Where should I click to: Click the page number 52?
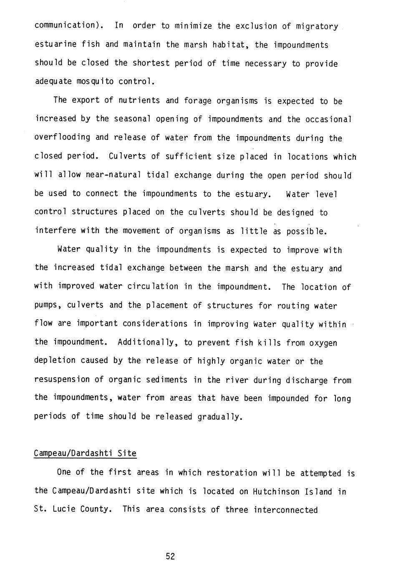click(x=170, y=556)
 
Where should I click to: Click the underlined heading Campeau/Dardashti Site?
click(x=85, y=453)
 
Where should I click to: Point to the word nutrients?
click(x=140, y=100)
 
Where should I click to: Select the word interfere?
click(x=55, y=231)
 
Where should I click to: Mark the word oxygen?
click(x=323, y=343)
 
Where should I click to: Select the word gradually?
click(x=220, y=417)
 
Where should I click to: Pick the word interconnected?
click(x=286, y=510)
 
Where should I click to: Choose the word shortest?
click(x=151, y=63)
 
